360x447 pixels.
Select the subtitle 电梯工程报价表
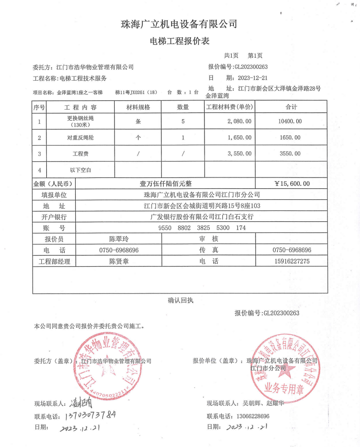[x=179, y=41]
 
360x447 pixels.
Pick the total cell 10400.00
[x=290, y=121]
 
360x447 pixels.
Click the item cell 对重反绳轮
[x=80, y=138]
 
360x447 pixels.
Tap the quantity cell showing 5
[x=183, y=121]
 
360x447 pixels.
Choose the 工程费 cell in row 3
[x=80, y=154]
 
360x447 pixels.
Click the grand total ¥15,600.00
[x=292, y=184]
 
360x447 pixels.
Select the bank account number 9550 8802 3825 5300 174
[x=202, y=228]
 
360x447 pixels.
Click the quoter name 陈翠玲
[x=119, y=239]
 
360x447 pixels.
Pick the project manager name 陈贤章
[x=119, y=261]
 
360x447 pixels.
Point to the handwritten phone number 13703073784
[x=88, y=415]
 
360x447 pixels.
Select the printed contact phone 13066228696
[x=250, y=416]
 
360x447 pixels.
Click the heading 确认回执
[x=181, y=301]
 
